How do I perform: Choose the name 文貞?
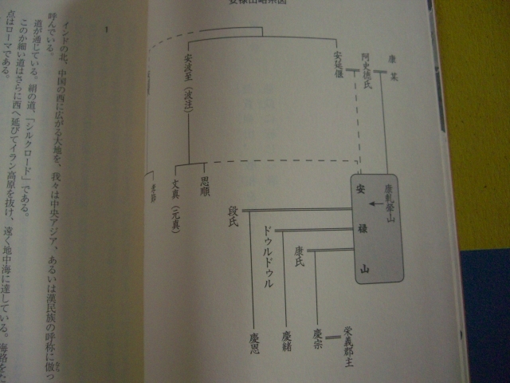coord(176,188)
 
